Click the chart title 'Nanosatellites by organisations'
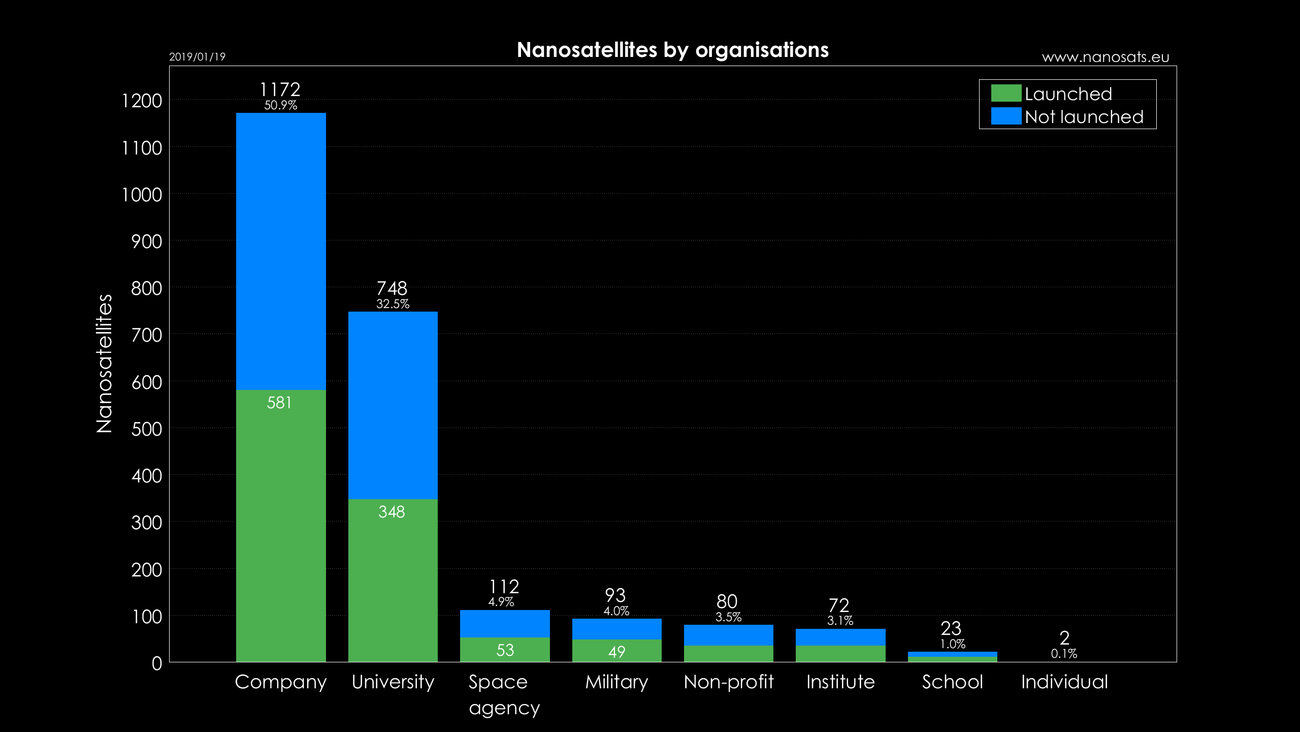pyautogui.click(x=672, y=50)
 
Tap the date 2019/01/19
pyautogui.click(x=197, y=57)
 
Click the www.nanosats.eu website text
pyautogui.click(x=1106, y=57)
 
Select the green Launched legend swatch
pyautogui.click(x=1006, y=94)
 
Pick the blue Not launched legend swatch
pyautogui.click(x=1006, y=116)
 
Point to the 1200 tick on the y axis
pyautogui.click(x=142, y=101)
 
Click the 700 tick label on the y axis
pyautogui.click(x=146, y=335)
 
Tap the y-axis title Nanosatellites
pyautogui.click(x=104, y=363)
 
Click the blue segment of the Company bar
pyautogui.click(x=281, y=251)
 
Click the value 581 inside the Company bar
pyautogui.click(x=279, y=403)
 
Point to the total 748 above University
pyautogui.click(x=392, y=288)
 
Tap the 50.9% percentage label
pyautogui.click(x=281, y=105)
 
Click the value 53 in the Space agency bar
pyautogui.click(x=505, y=650)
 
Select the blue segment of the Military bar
pyautogui.click(x=616, y=629)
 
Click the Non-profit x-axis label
pyautogui.click(x=729, y=682)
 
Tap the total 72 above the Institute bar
pyautogui.click(x=839, y=605)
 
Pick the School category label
pyautogui.click(x=953, y=682)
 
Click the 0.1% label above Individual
pyautogui.click(x=1064, y=654)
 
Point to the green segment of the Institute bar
pyautogui.click(x=840, y=654)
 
